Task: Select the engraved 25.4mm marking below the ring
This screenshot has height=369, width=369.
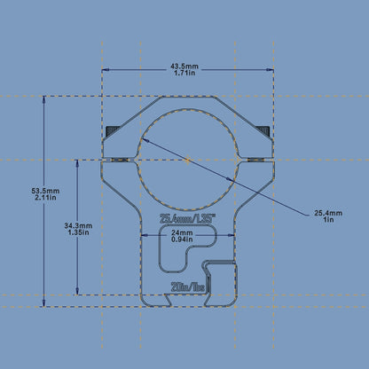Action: point(186,217)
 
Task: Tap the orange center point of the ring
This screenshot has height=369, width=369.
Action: point(187,160)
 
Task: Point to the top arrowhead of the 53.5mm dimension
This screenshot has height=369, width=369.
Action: point(43,99)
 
